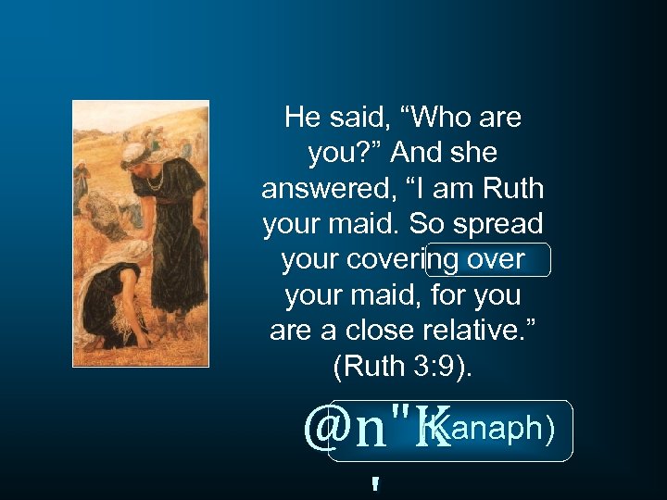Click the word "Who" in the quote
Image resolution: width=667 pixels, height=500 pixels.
429,118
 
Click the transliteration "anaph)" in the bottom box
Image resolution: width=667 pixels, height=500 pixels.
505,430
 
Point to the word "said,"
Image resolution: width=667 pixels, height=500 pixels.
361,118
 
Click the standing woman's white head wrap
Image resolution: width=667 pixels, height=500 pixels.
134,154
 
